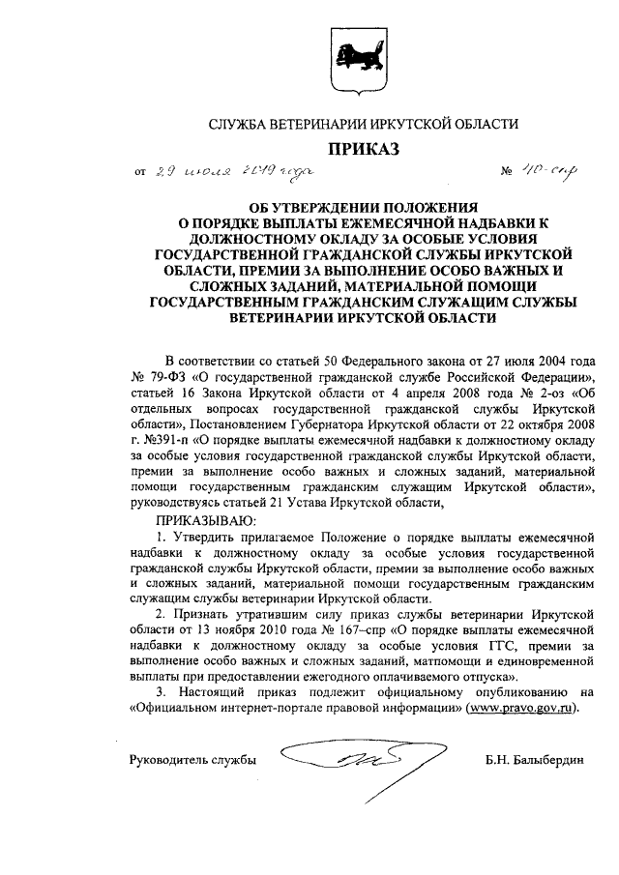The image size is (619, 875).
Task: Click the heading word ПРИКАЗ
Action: (365, 149)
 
